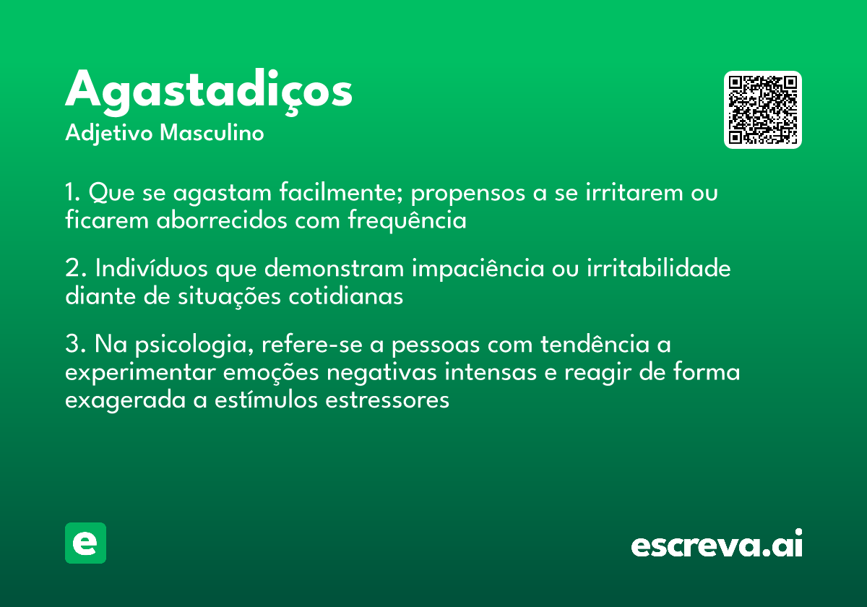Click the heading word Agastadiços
click(209, 92)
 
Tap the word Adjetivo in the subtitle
click(109, 134)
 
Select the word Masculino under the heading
click(212, 132)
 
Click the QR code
click(762, 110)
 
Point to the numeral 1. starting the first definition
click(72, 192)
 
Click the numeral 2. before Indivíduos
click(75, 268)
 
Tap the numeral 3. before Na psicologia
click(75, 344)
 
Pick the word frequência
click(407, 220)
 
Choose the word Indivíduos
click(151, 267)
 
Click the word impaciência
click(478, 269)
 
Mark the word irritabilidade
click(659, 267)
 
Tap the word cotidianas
click(346, 296)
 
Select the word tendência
click(595, 343)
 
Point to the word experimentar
click(140, 373)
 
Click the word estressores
click(387, 400)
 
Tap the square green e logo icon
click(85, 543)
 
